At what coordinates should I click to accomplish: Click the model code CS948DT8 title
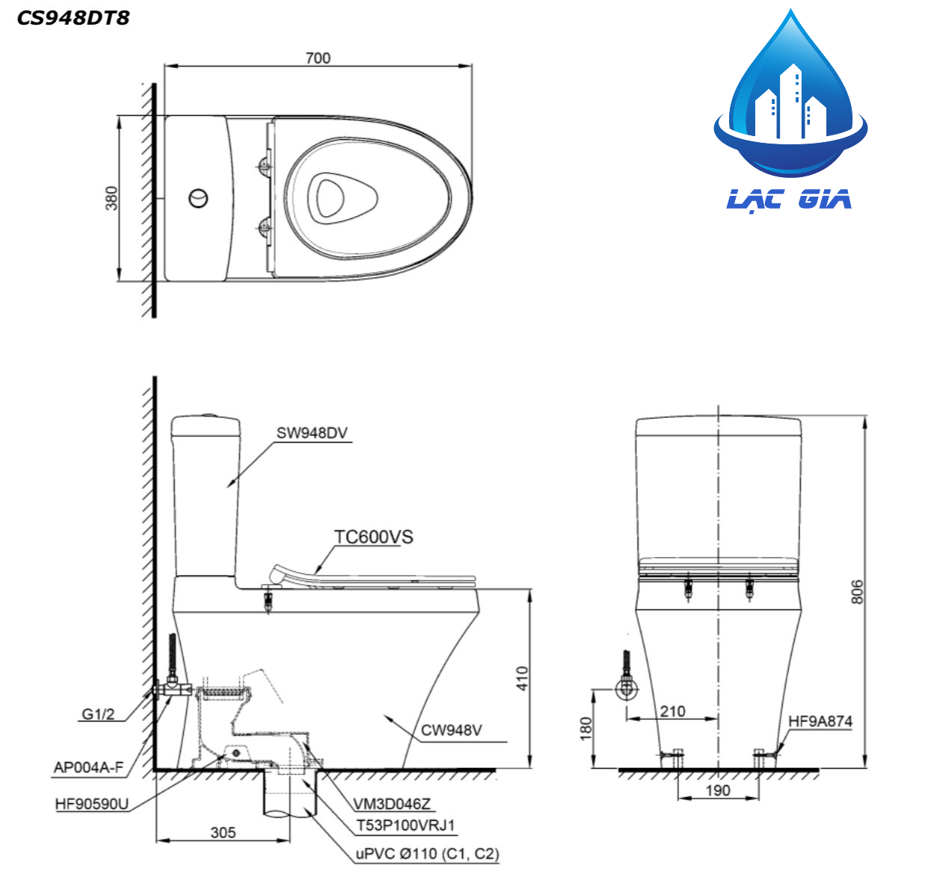click(x=73, y=18)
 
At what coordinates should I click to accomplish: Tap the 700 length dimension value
click(x=318, y=58)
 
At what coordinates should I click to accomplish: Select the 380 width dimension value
click(x=111, y=198)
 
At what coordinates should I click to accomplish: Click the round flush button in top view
click(x=198, y=199)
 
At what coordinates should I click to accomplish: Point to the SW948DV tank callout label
click(x=312, y=433)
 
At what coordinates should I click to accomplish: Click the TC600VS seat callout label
click(x=373, y=537)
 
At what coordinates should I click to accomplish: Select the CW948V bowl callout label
click(x=451, y=730)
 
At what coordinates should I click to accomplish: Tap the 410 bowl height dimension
click(x=522, y=678)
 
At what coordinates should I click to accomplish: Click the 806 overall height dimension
click(x=857, y=591)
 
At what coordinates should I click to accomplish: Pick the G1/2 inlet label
click(x=98, y=714)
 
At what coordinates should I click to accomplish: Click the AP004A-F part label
click(x=88, y=767)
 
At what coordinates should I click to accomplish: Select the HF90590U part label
click(x=91, y=804)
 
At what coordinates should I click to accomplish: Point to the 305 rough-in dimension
click(x=223, y=832)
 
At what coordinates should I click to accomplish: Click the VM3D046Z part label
click(x=392, y=804)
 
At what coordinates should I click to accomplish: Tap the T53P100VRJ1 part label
click(x=405, y=825)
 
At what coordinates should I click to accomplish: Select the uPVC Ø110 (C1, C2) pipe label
click(x=427, y=854)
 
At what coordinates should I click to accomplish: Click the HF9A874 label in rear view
click(x=820, y=722)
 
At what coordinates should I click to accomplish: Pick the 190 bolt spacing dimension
click(x=718, y=790)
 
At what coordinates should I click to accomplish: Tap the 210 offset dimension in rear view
click(x=672, y=711)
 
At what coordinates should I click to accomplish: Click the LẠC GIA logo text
click(x=790, y=200)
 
